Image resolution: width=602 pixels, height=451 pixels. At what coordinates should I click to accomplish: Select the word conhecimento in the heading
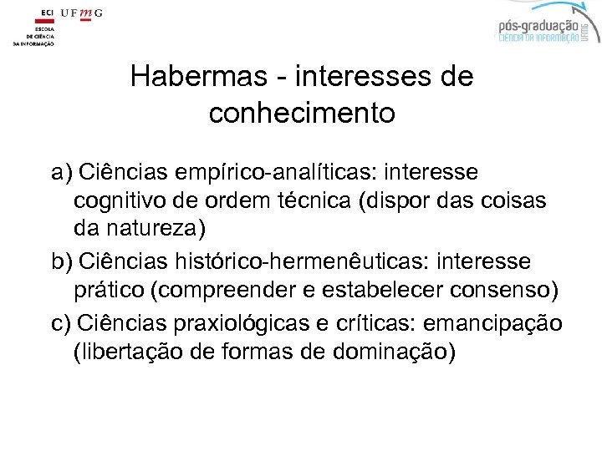pos(302,113)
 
